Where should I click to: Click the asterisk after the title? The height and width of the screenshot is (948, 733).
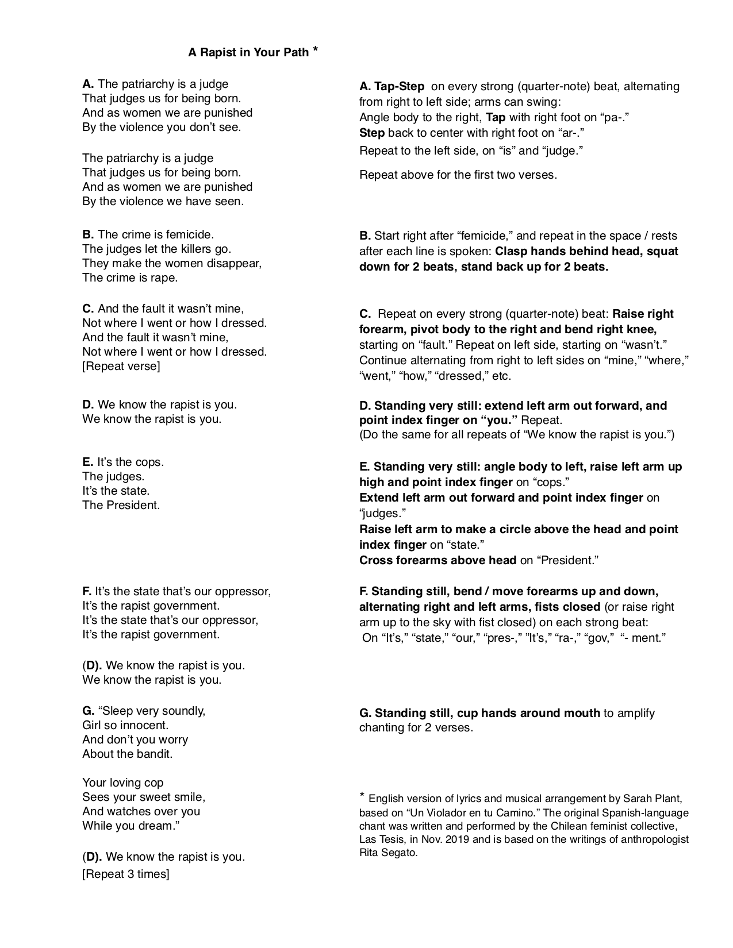click(315, 50)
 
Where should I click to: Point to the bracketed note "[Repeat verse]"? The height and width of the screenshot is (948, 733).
click(121, 366)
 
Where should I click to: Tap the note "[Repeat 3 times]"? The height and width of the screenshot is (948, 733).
click(126, 874)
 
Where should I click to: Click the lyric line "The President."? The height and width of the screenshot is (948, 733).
click(121, 505)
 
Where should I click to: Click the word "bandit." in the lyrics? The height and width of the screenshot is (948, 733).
click(154, 754)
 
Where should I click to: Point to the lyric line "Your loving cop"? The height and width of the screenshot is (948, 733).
click(123, 783)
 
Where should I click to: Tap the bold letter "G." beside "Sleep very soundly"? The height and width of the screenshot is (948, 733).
click(89, 711)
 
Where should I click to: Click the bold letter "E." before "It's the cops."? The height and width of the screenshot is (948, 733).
click(88, 462)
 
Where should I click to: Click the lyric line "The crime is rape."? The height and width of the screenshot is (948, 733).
click(130, 278)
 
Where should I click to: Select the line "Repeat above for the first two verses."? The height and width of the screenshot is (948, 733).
click(458, 175)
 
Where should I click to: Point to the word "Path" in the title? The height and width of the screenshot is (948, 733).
click(296, 52)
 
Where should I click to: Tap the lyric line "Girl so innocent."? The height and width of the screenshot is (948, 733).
click(125, 725)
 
